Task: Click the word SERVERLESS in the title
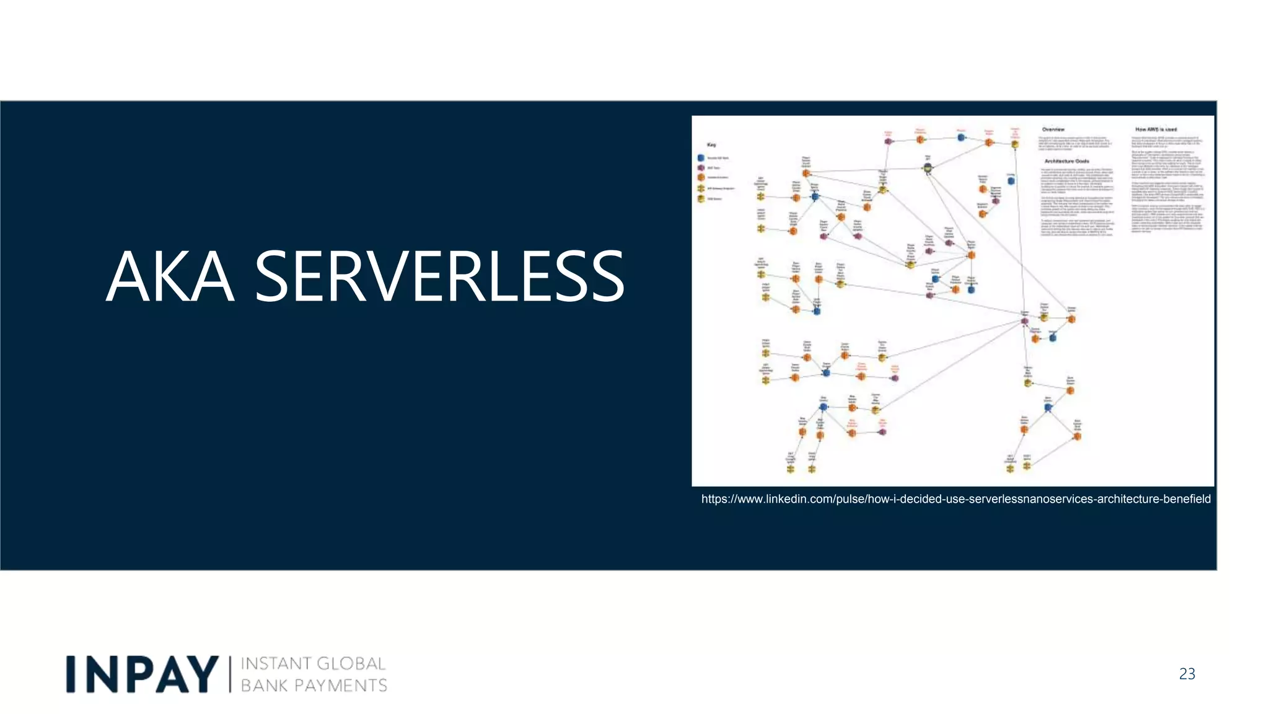coord(439,277)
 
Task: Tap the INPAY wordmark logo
coord(143,674)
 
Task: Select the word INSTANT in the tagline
coord(275,664)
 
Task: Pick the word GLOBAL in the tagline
coord(351,664)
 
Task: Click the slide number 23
coord(1187,674)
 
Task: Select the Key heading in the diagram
coord(711,145)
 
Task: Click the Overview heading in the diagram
coord(1053,130)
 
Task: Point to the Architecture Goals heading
coord(1066,161)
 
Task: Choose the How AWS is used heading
coord(1156,130)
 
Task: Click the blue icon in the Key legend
coord(701,158)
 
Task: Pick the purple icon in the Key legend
coord(701,168)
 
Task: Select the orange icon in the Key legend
coord(701,178)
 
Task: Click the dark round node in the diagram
coord(928,167)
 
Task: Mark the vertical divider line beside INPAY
coord(230,674)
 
